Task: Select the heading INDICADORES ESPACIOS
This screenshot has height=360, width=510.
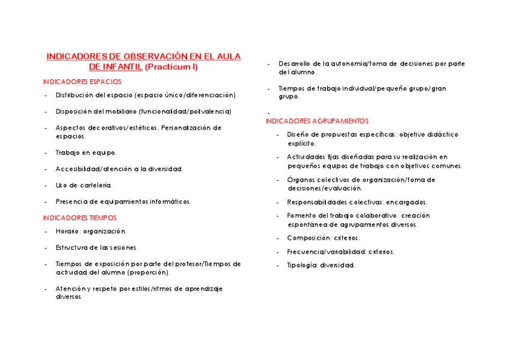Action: (82, 82)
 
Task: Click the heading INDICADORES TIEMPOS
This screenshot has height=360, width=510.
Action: (80, 218)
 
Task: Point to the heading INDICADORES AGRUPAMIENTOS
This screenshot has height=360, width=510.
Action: (317, 121)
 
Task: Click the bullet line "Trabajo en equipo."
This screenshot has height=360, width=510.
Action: (86, 153)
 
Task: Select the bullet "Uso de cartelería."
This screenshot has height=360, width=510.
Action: (84, 185)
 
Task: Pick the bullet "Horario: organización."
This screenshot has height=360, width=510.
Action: (91, 231)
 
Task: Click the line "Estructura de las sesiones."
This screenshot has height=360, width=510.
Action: (97, 247)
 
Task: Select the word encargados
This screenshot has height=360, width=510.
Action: (407, 202)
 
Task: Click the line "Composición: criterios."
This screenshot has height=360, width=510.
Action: (324, 237)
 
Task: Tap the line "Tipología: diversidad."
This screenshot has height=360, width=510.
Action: (321, 265)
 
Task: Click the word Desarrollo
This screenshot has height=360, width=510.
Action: (294, 64)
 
